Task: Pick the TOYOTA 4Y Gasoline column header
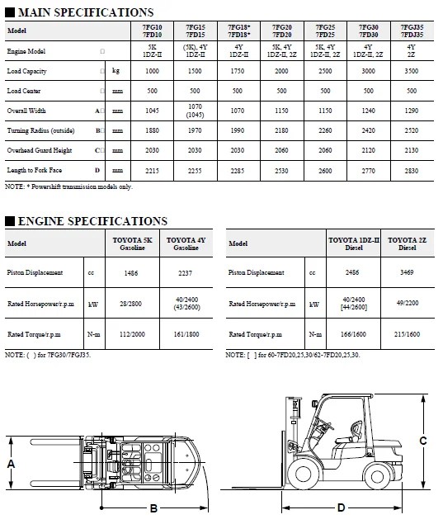tap(186, 243)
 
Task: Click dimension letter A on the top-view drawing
tap(10, 464)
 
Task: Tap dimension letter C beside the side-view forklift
tap(422, 441)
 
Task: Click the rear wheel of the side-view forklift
tap(383, 473)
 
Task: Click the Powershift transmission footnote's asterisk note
tap(68, 186)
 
